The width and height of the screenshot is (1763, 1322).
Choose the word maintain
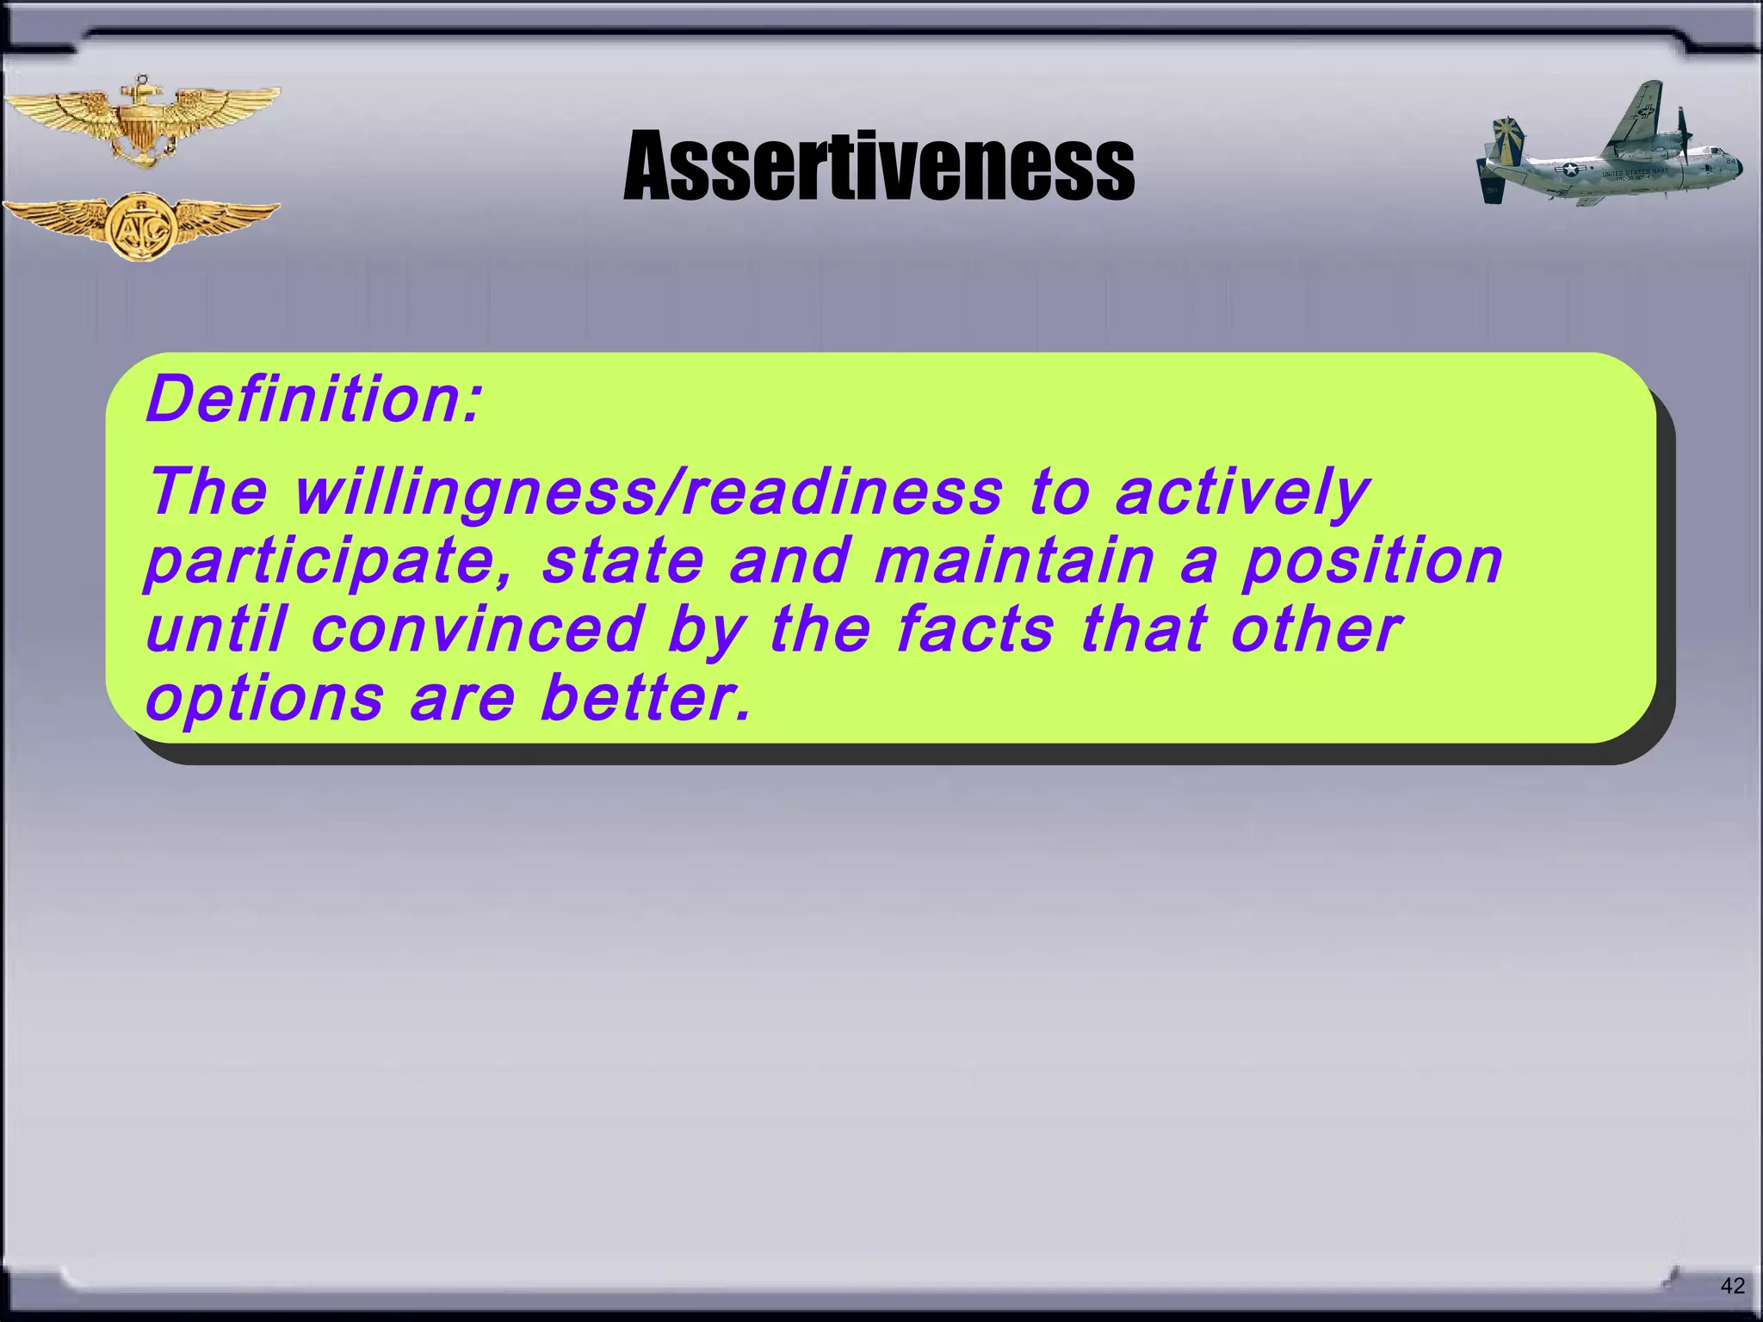coord(1014,561)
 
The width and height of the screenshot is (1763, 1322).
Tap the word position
coord(1372,561)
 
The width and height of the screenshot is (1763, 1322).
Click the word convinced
coord(477,629)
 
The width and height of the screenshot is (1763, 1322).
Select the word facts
coord(974,629)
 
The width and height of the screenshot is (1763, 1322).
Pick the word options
coord(264,698)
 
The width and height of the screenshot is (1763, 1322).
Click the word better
coord(646,698)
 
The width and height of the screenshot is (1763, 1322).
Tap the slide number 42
coord(1732,1286)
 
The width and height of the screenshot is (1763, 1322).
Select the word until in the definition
coord(214,629)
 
